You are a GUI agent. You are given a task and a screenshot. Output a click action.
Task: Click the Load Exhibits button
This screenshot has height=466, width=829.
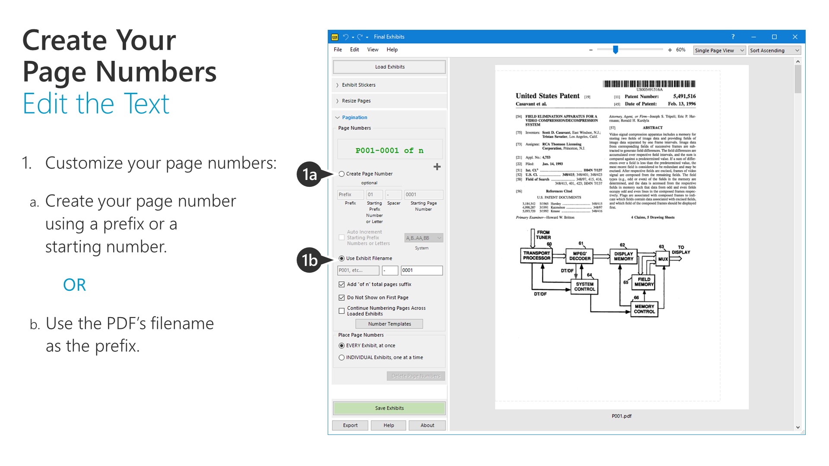click(389, 67)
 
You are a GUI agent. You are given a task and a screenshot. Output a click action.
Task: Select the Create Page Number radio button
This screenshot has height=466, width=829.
click(342, 174)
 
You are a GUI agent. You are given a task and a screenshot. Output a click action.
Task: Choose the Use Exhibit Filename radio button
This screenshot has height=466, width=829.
click(342, 258)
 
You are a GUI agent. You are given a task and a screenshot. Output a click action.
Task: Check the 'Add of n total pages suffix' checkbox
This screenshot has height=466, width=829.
click(342, 284)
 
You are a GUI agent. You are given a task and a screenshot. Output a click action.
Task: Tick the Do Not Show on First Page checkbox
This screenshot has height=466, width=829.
click(342, 298)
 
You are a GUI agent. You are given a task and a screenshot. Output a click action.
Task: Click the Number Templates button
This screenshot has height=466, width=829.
click(389, 324)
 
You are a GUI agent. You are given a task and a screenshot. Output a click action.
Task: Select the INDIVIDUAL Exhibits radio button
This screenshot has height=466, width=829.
click(342, 358)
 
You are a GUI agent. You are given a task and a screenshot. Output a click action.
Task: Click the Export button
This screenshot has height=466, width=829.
click(350, 425)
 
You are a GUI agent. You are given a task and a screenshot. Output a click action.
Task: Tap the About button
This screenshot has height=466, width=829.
click(427, 425)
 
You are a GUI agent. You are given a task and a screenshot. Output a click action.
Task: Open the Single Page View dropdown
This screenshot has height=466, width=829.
click(719, 50)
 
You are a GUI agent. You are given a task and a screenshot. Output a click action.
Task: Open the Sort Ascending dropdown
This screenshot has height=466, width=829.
click(775, 50)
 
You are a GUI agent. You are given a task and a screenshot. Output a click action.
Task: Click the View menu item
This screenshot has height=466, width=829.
click(373, 50)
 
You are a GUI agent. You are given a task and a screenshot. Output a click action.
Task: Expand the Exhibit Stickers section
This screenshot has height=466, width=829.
click(358, 85)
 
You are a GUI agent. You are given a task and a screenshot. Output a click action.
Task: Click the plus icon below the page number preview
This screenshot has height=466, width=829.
click(437, 167)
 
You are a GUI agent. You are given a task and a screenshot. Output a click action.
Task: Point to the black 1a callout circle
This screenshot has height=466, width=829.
click(309, 174)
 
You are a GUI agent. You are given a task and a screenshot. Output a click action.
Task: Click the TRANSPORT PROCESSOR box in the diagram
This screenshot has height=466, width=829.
click(537, 255)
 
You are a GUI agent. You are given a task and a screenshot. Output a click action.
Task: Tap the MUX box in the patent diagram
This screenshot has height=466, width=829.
click(663, 259)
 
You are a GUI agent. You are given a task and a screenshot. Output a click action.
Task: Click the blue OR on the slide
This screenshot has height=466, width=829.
click(74, 285)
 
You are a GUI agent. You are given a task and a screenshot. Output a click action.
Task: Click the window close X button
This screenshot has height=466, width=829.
click(795, 37)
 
